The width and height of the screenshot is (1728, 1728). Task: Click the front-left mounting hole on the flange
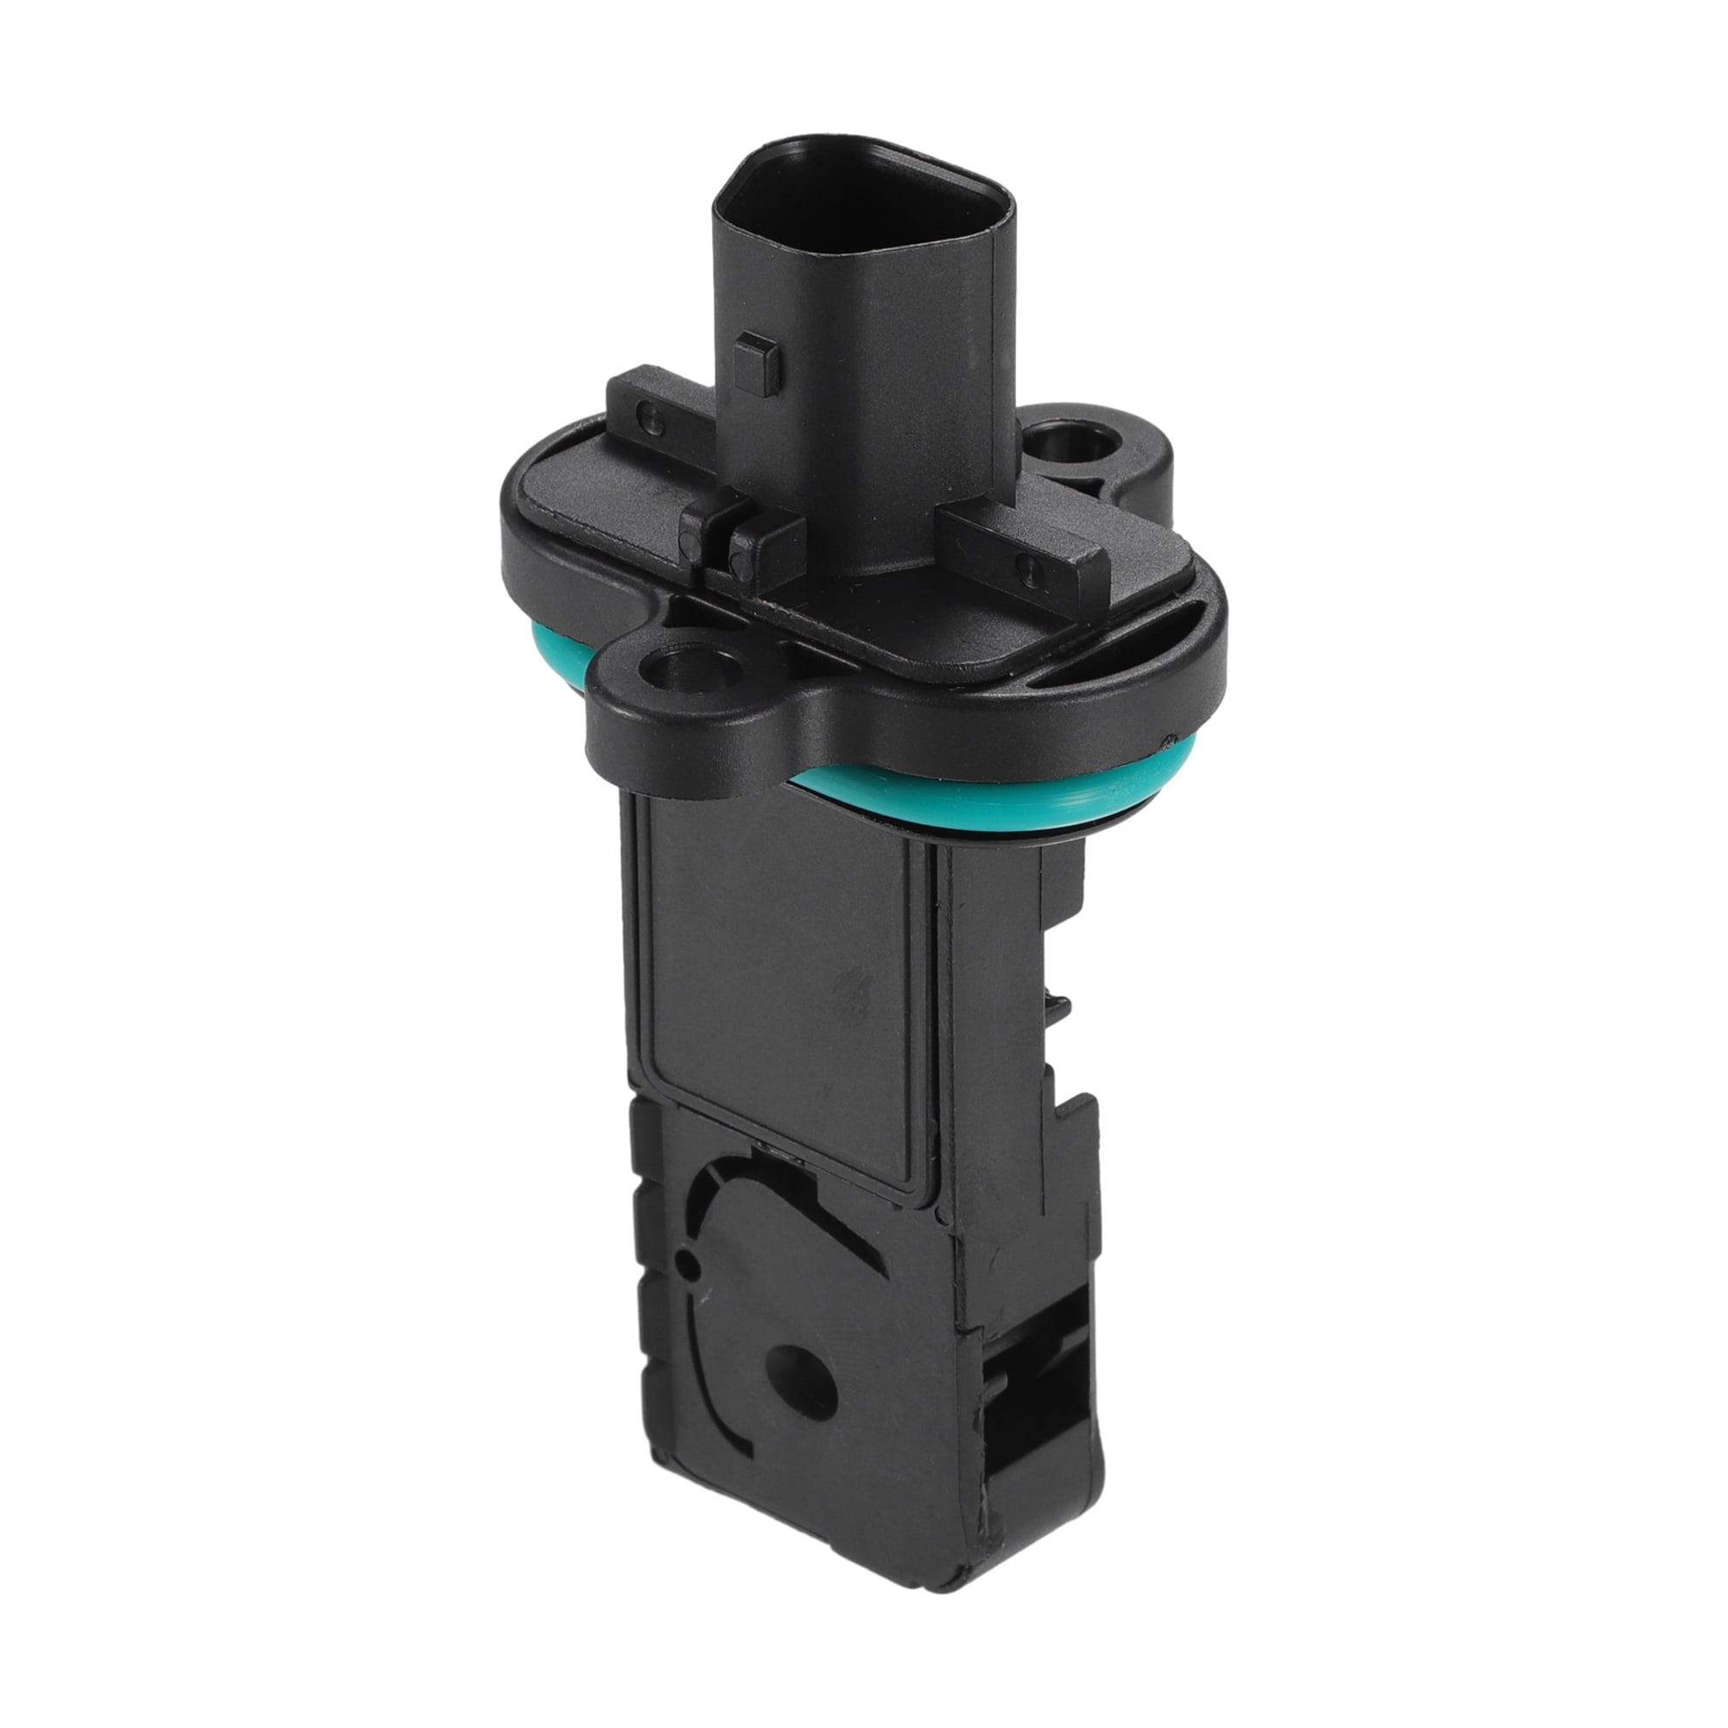tap(675, 668)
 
